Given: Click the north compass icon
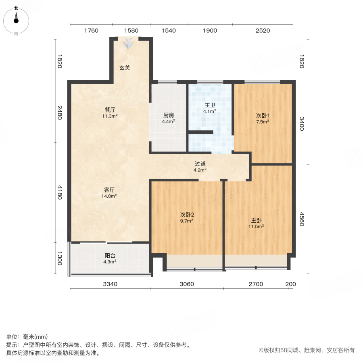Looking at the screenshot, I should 16,19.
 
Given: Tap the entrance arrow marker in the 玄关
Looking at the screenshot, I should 129,44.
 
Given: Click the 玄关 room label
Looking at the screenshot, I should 125,68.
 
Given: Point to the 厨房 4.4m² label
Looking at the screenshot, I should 168,118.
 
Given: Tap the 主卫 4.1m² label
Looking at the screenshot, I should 210,108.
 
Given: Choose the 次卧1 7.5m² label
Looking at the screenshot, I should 263,118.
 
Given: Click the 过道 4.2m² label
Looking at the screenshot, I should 200,167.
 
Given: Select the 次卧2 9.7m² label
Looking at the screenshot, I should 186,217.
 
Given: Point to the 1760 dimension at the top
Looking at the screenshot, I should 91,31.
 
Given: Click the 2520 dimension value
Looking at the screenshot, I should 263,31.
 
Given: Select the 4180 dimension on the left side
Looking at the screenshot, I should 60,192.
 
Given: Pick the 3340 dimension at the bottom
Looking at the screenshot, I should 110,284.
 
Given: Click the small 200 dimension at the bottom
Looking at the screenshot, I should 290,284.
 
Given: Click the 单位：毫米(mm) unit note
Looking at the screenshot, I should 27,337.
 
